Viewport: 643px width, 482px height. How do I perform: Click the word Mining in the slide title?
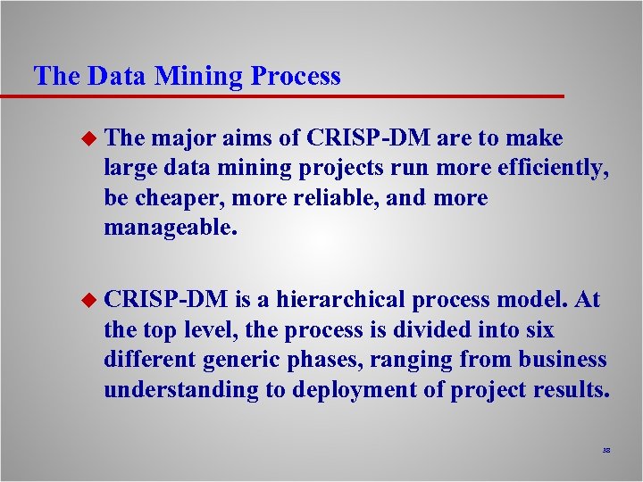pos(198,77)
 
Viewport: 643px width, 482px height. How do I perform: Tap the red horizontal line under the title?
pos(286,96)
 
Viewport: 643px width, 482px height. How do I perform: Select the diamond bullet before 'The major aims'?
pos(88,139)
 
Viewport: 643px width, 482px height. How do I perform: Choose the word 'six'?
pos(539,330)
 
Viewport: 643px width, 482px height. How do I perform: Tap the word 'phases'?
pos(330,360)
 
